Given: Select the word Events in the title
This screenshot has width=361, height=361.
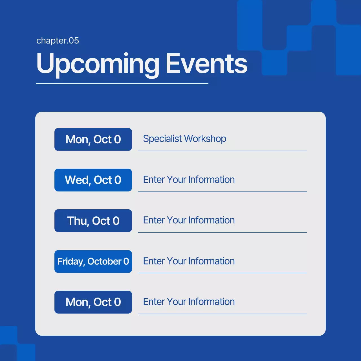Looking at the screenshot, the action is coord(206,63).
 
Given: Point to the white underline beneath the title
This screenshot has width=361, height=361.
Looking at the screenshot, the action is coord(122,83).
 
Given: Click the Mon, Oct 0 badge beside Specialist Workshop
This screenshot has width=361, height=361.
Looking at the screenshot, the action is coord(93,139).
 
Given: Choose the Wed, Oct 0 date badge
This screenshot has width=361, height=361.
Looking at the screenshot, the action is coord(93,180).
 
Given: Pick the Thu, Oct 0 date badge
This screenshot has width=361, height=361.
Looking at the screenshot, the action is coord(93,221).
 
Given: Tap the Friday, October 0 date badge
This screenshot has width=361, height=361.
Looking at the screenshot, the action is coord(93,261).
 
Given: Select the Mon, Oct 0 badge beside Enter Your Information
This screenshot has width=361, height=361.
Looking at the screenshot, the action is coord(93,302).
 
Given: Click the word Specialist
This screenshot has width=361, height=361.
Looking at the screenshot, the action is coord(162,139).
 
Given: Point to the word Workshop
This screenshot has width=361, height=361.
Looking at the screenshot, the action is coord(205,139).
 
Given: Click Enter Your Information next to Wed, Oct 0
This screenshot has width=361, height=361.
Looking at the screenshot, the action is coord(189,179).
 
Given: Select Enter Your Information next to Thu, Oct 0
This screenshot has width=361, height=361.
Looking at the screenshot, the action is coord(189,220).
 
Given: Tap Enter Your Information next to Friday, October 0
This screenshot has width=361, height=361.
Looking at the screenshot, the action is coord(189,261).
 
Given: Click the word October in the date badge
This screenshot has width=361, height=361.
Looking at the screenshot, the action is coord(104,261).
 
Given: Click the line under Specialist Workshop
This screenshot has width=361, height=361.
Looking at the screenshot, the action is coord(222,151).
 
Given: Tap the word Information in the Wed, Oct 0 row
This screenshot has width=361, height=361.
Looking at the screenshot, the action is coord(212,179).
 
